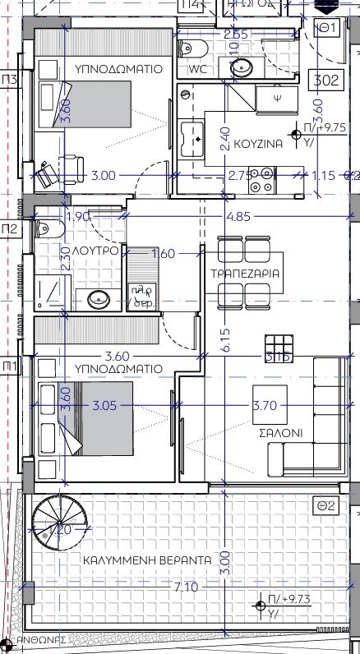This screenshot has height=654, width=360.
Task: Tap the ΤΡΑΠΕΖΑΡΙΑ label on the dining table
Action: tap(244, 273)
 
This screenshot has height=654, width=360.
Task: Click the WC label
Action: tap(198, 69)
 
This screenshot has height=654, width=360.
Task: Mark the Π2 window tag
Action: tap(10, 228)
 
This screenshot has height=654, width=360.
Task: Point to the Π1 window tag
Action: tap(10, 365)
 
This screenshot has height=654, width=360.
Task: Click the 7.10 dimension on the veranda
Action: tap(184, 587)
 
